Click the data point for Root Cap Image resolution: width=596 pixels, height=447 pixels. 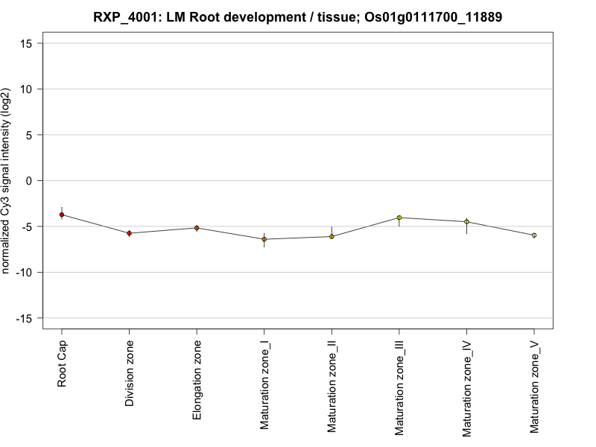pos(62,215)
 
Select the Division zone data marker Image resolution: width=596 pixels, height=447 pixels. pos(129,233)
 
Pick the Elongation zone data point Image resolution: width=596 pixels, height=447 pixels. pos(197,228)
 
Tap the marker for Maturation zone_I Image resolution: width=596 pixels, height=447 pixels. pos(264,239)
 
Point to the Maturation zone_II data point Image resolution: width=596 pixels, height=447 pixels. pos(332,236)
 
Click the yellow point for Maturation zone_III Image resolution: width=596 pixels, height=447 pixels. pos(399,218)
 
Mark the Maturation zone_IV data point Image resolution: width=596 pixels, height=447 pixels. pos(466,221)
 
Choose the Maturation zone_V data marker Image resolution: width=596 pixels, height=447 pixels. pos(534,235)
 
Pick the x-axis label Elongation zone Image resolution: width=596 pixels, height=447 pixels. pos(197,379)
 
